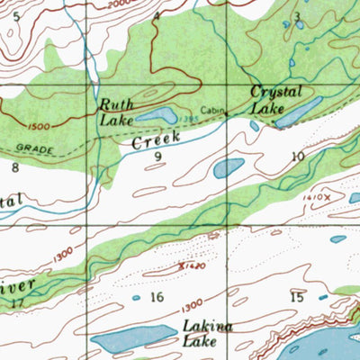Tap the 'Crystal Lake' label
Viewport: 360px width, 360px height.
point(274,100)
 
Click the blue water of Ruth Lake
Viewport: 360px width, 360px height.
point(157,116)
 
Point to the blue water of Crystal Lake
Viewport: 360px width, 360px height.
point(298,112)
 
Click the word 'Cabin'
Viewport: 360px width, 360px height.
point(211,111)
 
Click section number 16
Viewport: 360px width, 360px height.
point(157,297)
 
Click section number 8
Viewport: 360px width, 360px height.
point(15,166)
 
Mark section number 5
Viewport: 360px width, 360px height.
point(13,16)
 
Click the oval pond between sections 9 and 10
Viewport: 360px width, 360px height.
point(229,167)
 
